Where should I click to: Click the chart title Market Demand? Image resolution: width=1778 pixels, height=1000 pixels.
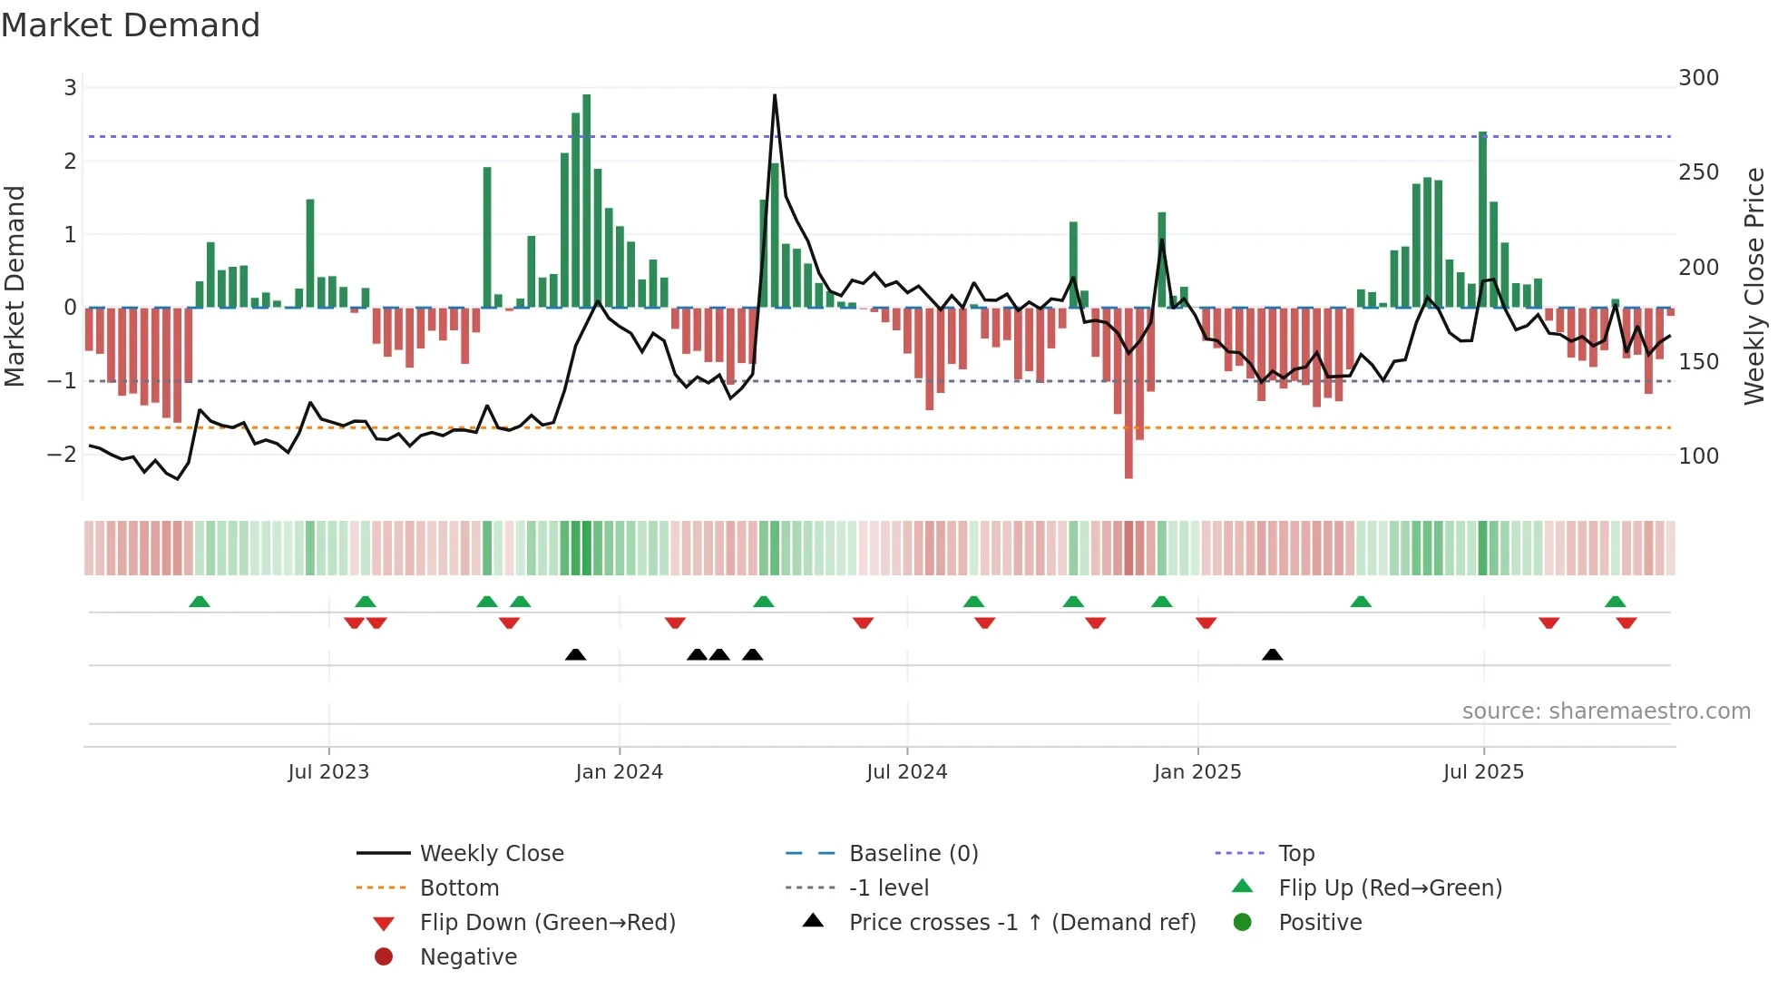131,25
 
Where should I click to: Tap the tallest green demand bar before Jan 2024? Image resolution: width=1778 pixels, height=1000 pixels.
587,200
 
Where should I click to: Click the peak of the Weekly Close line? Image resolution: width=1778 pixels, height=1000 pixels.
775,95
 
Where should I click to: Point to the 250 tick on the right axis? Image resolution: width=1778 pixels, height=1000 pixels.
1698,172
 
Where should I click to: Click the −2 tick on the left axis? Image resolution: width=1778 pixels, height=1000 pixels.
63,454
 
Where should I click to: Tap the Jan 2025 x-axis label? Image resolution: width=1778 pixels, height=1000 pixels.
1197,772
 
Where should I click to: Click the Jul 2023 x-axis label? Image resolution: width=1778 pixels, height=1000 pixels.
328,772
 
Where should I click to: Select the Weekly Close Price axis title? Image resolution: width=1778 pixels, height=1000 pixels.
1754,286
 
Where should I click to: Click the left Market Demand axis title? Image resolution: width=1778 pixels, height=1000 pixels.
15,286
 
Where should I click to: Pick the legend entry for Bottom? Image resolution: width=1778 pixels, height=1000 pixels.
459,887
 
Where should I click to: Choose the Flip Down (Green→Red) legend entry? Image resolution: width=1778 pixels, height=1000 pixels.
547,922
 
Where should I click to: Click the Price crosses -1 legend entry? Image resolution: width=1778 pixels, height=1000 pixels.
1021,922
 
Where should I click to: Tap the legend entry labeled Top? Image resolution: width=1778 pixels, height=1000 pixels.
1295,853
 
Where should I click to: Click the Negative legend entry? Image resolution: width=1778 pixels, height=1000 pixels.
468,956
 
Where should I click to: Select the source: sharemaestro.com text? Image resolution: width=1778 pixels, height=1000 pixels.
1606,711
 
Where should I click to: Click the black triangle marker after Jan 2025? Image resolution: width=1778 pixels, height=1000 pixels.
1272,654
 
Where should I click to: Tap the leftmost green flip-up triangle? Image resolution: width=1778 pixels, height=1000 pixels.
200,602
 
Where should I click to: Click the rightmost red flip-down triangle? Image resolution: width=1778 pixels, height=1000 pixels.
1626,623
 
